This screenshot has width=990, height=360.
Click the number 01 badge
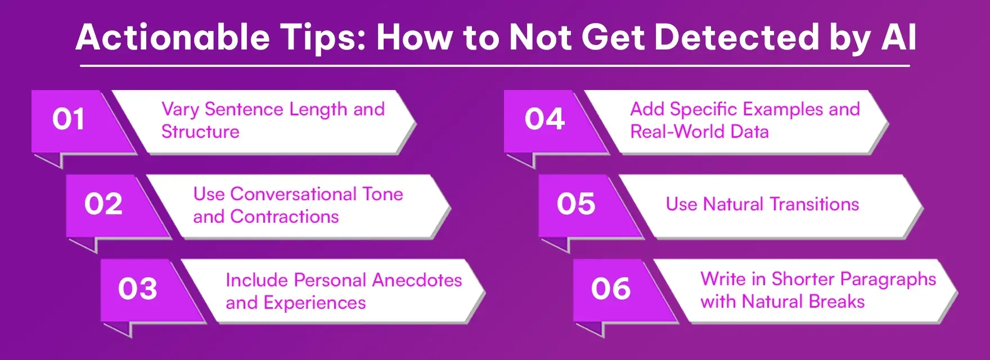(x=69, y=119)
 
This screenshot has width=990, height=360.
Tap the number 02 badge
(x=103, y=204)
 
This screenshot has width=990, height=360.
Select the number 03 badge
(x=138, y=289)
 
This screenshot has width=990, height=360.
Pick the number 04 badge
(x=544, y=119)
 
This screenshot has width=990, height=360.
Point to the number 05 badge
(x=576, y=204)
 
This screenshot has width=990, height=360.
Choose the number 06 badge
(x=611, y=289)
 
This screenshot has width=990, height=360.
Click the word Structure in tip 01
(x=200, y=132)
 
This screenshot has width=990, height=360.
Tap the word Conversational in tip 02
(x=293, y=194)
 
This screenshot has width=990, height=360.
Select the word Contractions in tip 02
(x=285, y=217)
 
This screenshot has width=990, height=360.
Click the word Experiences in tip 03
(x=314, y=303)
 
